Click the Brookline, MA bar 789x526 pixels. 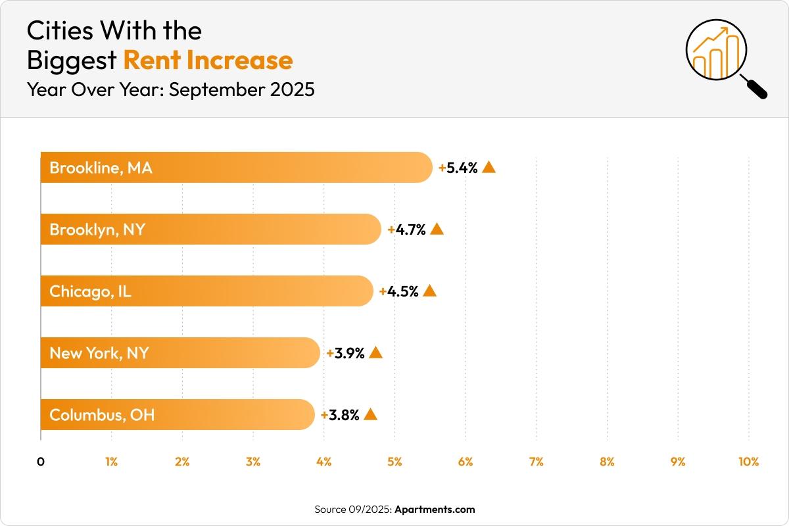[x=237, y=168]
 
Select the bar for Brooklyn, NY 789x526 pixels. [x=210, y=229]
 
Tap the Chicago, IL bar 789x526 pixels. [x=206, y=291]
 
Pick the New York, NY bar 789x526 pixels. [x=180, y=353]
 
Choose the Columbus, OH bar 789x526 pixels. [x=178, y=415]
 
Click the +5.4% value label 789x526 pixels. [x=458, y=168]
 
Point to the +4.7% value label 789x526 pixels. [x=407, y=229]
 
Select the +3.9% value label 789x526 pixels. [x=346, y=353]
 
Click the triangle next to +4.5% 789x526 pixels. [x=429, y=291]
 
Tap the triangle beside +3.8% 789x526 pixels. [x=370, y=414]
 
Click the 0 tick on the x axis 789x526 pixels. [x=41, y=462]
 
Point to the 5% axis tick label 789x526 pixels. [x=394, y=462]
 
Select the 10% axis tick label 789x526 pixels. [x=748, y=462]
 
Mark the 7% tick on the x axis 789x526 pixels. [x=536, y=462]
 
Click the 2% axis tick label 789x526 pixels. [x=182, y=462]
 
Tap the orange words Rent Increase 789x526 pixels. [x=208, y=60]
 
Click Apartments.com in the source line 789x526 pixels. [x=434, y=509]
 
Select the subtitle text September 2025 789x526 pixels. [x=241, y=89]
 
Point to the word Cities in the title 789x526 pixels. [x=59, y=30]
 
